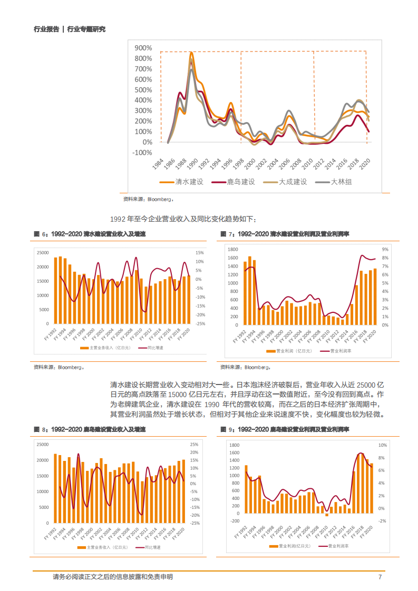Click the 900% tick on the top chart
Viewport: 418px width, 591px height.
[143, 48]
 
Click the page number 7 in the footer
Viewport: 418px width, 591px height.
[380, 577]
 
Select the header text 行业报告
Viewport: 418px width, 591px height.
[46, 29]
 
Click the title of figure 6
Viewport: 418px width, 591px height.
[90, 233]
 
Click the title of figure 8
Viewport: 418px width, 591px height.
[90, 430]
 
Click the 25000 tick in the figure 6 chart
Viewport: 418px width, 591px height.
[43, 253]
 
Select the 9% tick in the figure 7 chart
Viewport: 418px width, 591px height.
[385, 249]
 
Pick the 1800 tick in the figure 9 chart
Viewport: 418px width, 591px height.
[235, 445]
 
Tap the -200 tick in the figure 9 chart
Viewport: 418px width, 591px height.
[235, 521]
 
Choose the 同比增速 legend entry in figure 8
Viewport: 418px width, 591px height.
[152, 548]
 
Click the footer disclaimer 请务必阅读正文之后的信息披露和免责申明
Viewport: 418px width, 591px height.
[113, 577]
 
